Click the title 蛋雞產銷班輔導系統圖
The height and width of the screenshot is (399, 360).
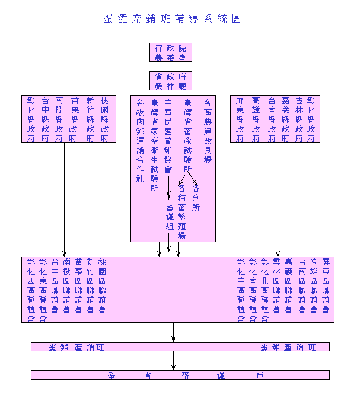coord(172,19)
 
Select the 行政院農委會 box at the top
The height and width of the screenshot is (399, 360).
coord(170,52)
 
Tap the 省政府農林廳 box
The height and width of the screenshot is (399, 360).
coord(170,81)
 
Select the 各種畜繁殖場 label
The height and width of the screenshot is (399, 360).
coord(181,211)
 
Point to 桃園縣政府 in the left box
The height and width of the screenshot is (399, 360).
coord(104,119)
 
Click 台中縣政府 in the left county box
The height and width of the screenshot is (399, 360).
coord(45,119)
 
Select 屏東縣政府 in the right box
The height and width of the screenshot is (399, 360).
coord(240,119)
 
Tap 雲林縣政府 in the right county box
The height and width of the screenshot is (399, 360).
coord(299,119)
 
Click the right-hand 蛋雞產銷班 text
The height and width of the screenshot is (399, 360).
coord(288,347)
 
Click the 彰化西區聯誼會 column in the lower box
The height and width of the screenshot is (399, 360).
coord(31,290)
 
